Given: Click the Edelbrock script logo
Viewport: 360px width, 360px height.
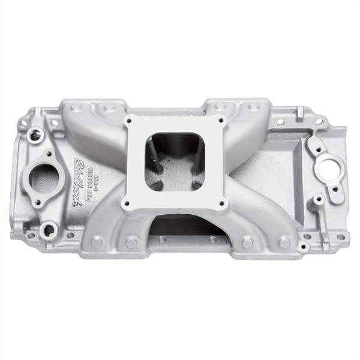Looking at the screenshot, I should [x=79, y=181].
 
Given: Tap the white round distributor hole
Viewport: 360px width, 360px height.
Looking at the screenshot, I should [x=329, y=169].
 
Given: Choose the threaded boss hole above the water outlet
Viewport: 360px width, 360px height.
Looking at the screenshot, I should [x=35, y=136].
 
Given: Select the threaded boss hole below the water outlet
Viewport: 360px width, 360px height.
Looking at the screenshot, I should [x=49, y=229].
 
